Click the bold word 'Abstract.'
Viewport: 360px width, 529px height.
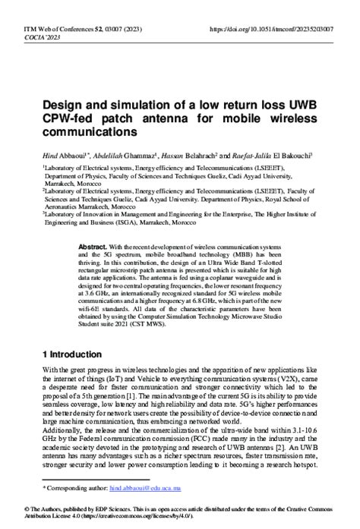point(94,249)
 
